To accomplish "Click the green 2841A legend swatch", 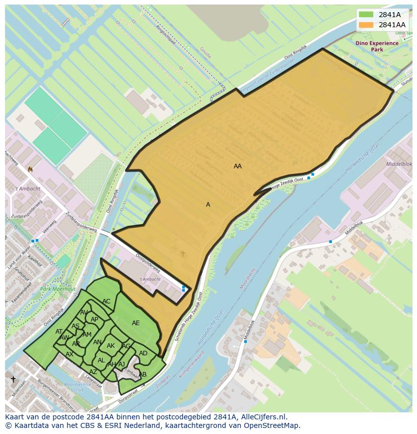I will pos(366,15).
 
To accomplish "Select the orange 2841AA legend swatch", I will pos(366,25).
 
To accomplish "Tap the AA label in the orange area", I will pos(238,166).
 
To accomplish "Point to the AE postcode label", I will pos(136,323).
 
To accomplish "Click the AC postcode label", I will pos(106,301).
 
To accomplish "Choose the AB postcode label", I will pos(143,375).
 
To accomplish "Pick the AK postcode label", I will pos(111,346).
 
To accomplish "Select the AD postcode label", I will pos(143,353).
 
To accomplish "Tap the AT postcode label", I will pos(59,332).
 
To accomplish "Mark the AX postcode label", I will pos(69,354).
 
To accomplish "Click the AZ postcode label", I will pos(93,372).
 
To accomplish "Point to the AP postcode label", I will pos(94,320).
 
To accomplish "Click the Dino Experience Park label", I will pos(377,46).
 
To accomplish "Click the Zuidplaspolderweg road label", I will pos(81,222).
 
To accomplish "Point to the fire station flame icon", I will pos(30,169).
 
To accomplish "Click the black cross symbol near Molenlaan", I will pos(13,379).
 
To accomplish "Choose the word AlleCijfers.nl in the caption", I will pos(263,417).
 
